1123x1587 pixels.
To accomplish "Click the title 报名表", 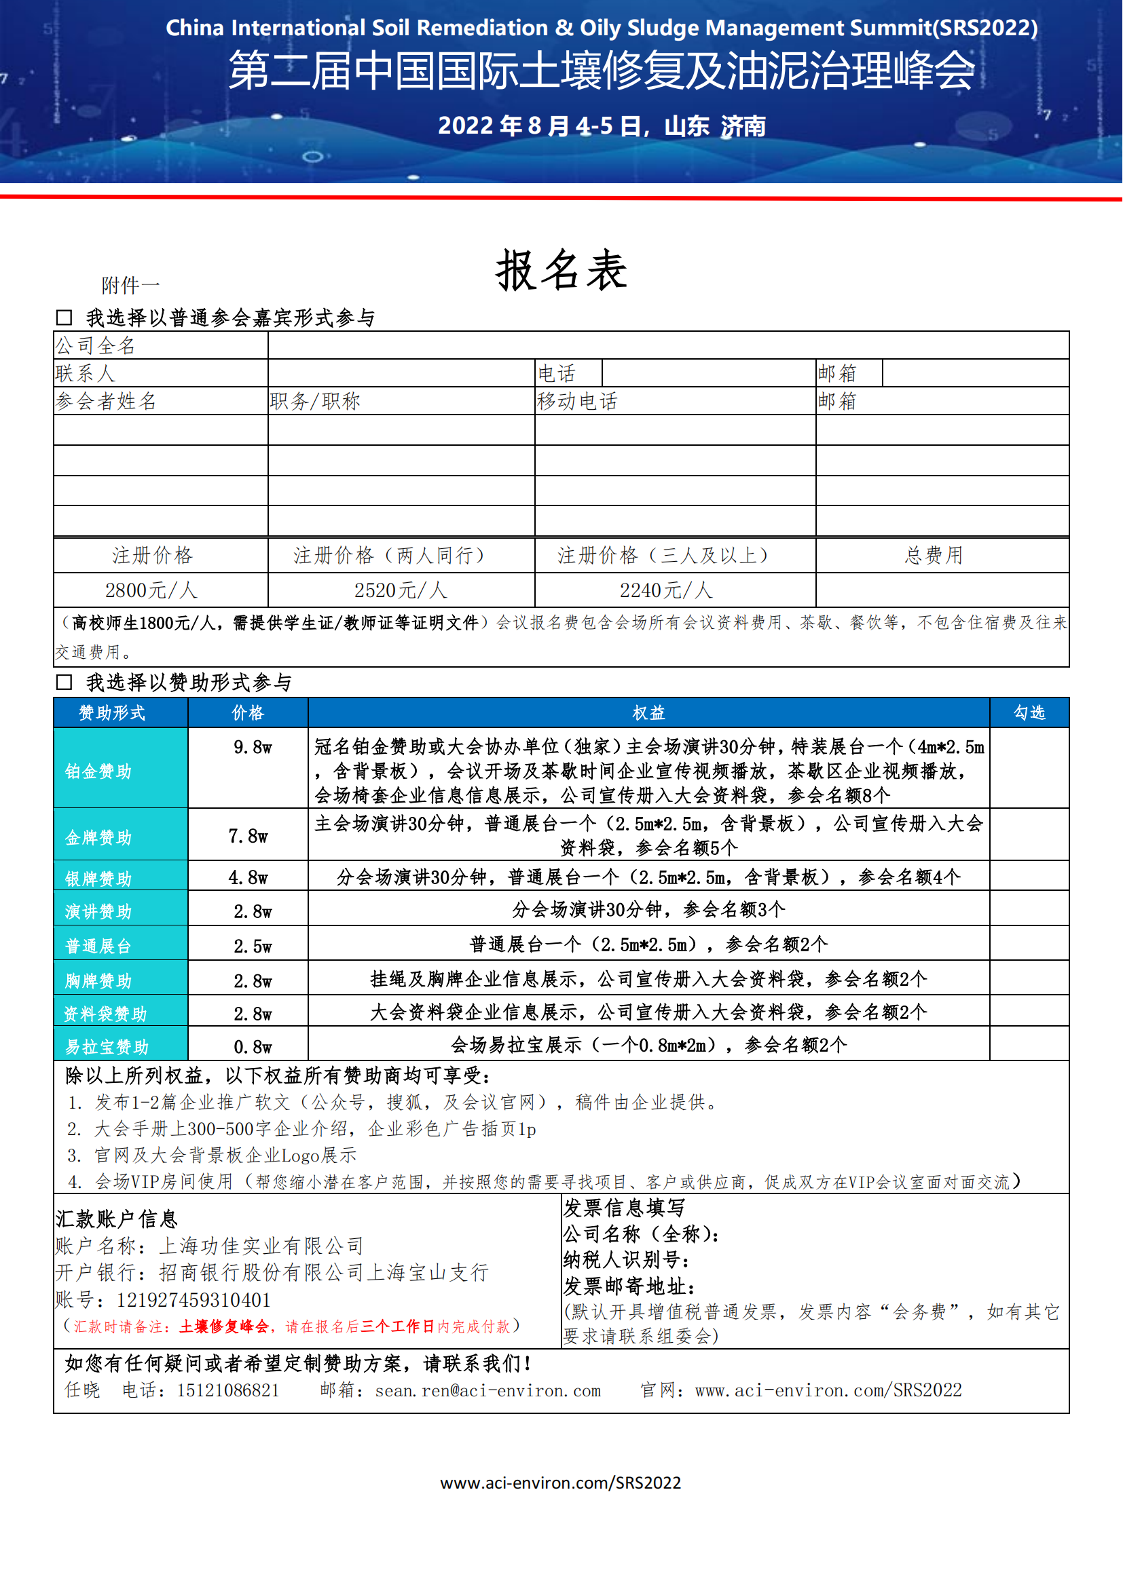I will pyautogui.click(x=561, y=270).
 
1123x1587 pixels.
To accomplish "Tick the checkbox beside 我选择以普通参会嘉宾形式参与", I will pyautogui.click(x=65, y=318).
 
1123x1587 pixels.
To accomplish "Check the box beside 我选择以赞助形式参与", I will pyautogui.click(x=65, y=682).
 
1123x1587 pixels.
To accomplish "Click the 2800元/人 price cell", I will pyautogui.click(x=151, y=590).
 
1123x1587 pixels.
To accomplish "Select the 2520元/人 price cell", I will pyautogui.click(x=401, y=590).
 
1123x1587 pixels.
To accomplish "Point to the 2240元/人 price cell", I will pyautogui.click(x=666, y=590).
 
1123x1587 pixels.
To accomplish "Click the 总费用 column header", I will pyautogui.click(x=934, y=555).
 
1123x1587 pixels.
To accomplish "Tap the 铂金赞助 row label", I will pyautogui.click(x=98, y=771).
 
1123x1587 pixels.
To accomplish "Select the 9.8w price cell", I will pyautogui.click(x=253, y=747).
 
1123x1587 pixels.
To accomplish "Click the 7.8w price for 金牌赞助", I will pyautogui.click(x=248, y=837).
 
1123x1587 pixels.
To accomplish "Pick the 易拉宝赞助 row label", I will pyautogui.click(x=107, y=1046).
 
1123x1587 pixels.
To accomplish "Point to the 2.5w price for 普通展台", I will pyautogui.click(x=253, y=946).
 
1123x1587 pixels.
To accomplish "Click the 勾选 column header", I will pyautogui.click(x=1029, y=712).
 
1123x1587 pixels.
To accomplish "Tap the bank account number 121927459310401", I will pyautogui.click(x=194, y=1300).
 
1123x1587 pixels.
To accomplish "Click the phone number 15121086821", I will pyautogui.click(x=228, y=1390).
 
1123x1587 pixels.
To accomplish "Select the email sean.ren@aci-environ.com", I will pyautogui.click(x=487, y=1391).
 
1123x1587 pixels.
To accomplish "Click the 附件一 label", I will pyautogui.click(x=130, y=285).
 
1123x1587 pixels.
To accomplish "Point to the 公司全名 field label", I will pyautogui.click(x=96, y=345).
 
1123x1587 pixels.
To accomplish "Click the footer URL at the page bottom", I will pyautogui.click(x=561, y=1483).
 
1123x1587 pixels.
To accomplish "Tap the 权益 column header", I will pyautogui.click(x=648, y=712).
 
